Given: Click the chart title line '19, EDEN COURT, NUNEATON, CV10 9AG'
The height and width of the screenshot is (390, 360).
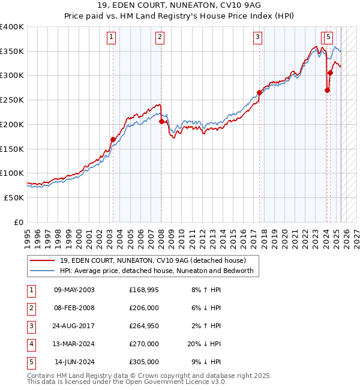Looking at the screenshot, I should (179, 7).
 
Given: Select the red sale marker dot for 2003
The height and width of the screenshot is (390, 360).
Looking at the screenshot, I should (113, 139).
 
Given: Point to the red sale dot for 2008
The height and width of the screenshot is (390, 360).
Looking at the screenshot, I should (161, 121).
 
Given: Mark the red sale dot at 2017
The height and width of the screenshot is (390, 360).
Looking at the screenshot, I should (260, 92).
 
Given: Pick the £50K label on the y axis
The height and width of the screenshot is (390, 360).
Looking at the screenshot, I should (14, 197).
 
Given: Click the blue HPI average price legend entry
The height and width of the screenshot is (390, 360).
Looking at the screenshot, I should (157, 271).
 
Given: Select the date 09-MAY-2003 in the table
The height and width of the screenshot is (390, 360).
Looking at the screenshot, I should (74, 290).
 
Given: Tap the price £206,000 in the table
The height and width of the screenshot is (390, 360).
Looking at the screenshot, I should (144, 308).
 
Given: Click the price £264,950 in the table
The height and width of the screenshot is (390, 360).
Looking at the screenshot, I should (144, 326).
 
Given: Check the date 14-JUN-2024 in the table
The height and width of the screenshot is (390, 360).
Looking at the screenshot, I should (74, 362).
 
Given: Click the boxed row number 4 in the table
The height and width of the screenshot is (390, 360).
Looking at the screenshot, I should (31, 344).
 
